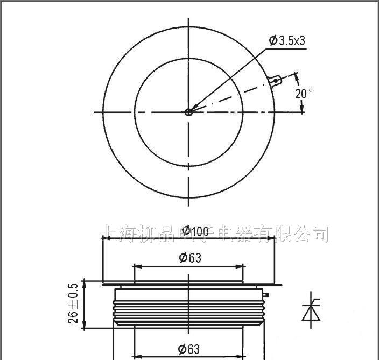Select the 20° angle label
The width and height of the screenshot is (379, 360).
[x=303, y=93]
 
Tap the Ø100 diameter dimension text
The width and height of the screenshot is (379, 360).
[x=195, y=231]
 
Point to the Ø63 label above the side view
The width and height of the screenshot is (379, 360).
[x=189, y=258]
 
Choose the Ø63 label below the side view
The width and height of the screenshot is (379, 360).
[x=189, y=349]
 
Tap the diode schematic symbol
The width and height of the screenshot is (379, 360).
[x=310, y=310]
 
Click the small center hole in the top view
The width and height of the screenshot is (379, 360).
[x=188, y=112]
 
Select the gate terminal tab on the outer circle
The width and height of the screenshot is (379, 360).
[x=276, y=81]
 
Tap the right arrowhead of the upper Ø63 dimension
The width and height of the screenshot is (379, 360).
[x=241, y=266]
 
